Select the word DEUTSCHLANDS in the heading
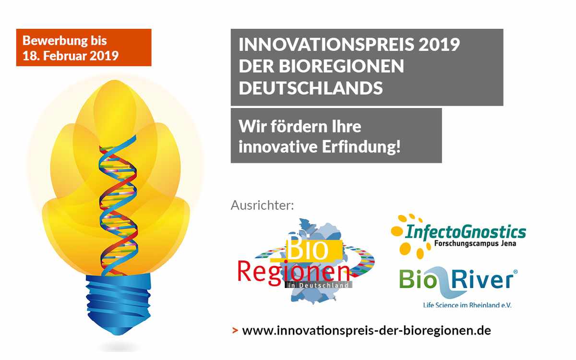[311, 88]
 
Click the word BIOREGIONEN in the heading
[341, 66]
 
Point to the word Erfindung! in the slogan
[361, 146]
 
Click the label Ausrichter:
[262, 205]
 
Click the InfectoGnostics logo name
[466, 232]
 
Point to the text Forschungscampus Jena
[475, 243]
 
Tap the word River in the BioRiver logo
[483, 279]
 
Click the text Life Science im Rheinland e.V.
[467, 305]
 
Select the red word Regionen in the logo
[294, 273]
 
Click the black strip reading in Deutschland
[318, 285]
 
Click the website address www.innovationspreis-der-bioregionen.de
[366, 330]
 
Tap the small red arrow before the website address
[235, 330]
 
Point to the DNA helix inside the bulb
[118, 206]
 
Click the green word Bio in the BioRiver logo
[418, 279]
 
